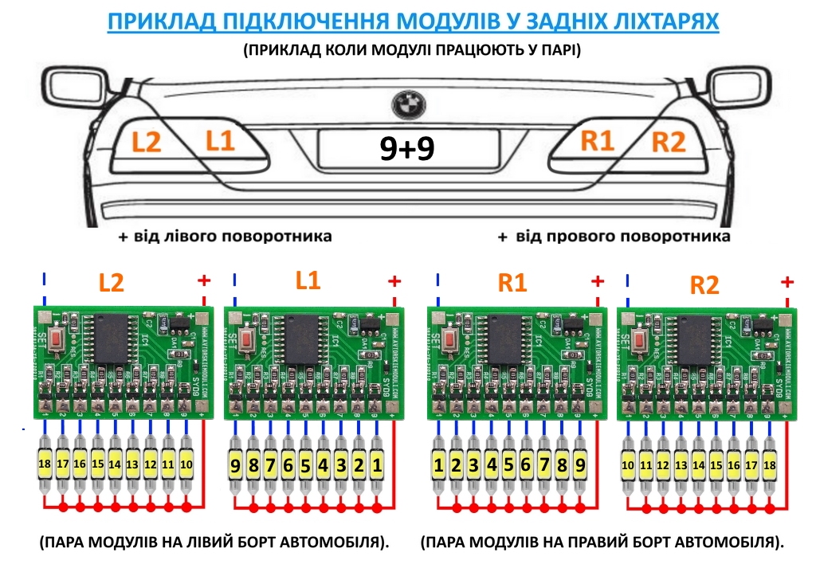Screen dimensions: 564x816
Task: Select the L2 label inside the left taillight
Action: [147, 143]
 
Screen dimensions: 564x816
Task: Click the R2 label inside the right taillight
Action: [668, 143]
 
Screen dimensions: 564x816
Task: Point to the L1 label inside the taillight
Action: [220, 141]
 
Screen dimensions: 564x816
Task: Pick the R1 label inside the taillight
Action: [597, 141]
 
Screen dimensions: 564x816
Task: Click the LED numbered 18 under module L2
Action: [45, 463]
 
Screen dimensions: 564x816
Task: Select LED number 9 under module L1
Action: [235, 463]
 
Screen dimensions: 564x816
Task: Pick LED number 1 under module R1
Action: [439, 463]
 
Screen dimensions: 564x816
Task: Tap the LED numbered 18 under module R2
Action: [769, 464]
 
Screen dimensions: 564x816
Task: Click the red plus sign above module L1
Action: [394, 282]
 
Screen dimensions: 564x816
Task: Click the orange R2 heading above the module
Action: [704, 285]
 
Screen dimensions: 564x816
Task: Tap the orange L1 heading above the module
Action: [308, 280]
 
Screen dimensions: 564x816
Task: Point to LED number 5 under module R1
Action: [509, 463]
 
